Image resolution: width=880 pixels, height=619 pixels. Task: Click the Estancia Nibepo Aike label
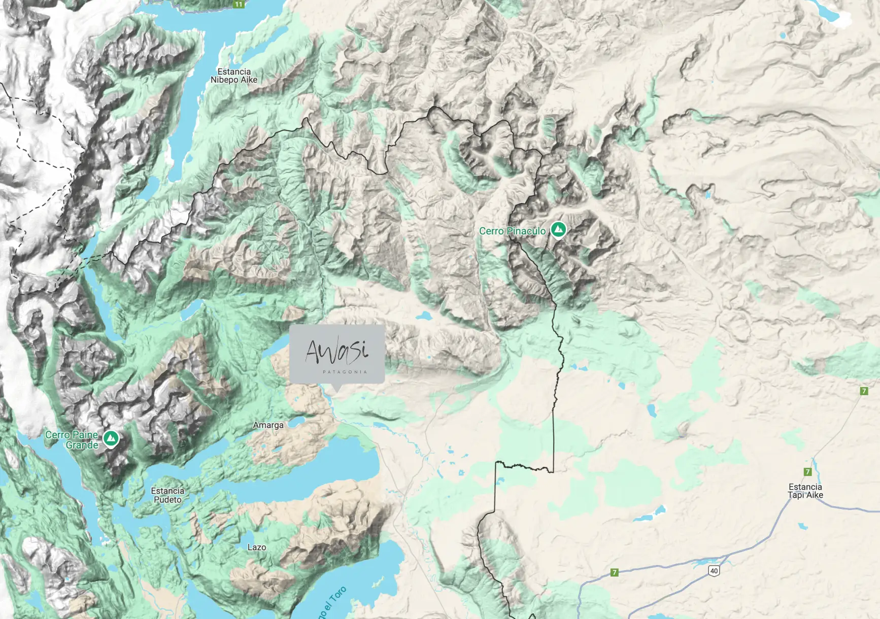point(234,76)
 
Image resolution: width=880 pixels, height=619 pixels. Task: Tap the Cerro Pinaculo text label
point(512,231)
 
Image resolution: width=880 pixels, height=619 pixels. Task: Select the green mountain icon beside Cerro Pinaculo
point(558,229)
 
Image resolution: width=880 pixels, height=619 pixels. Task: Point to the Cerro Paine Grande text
point(72,439)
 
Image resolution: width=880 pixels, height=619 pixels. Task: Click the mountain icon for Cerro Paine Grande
point(111,438)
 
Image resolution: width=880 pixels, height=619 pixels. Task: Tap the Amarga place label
point(268,425)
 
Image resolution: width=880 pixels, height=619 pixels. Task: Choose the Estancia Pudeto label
point(167,495)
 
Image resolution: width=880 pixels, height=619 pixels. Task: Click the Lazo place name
point(256,547)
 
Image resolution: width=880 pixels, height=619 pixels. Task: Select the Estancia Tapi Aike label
point(805,491)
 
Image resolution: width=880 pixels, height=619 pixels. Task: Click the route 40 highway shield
point(714,571)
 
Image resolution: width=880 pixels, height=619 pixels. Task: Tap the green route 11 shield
point(239,4)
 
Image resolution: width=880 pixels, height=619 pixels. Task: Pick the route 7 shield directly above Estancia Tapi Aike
point(807,472)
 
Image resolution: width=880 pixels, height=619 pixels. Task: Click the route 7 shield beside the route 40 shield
point(614,572)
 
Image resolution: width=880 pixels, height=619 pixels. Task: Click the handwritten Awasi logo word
point(336,351)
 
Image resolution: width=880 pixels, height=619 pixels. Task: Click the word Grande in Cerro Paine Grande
point(82,445)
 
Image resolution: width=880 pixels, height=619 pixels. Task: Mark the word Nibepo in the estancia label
point(224,80)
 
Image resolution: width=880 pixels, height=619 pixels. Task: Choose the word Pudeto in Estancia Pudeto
point(167,500)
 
